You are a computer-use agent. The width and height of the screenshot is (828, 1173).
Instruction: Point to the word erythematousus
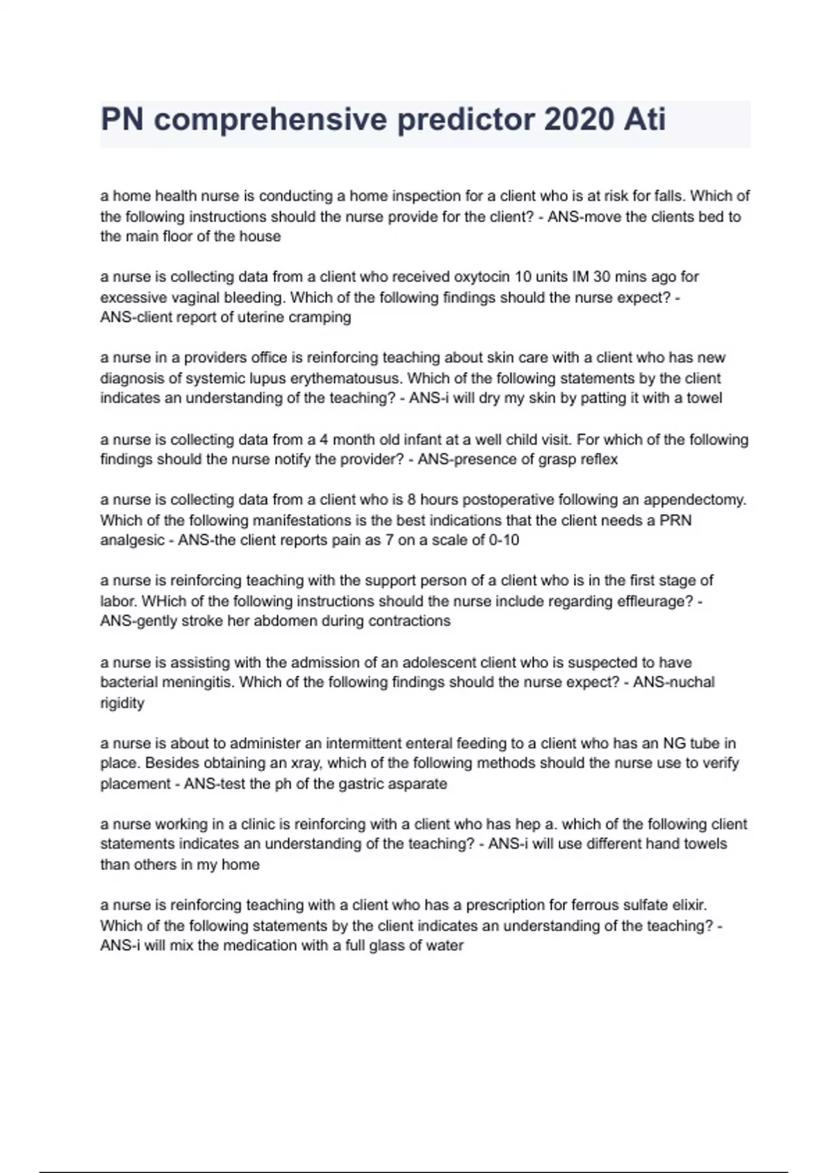click(x=344, y=378)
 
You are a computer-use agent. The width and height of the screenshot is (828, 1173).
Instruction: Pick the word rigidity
click(x=122, y=703)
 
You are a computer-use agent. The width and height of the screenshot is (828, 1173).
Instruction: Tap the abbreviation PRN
click(x=676, y=520)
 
